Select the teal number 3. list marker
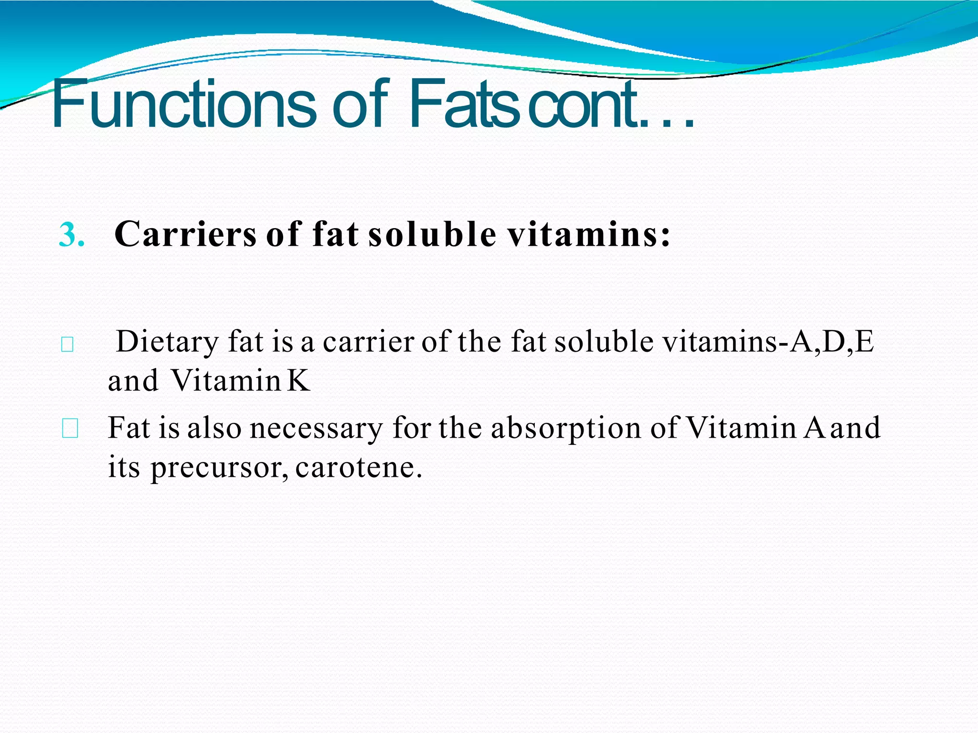[x=72, y=235]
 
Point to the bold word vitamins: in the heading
[x=588, y=234]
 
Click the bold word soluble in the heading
[x=432, y=234]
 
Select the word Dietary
[x=168, y=343]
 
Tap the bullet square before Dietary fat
[x=67, y=345]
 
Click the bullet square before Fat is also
[x=70, y=429]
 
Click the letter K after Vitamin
[x=299, y=380]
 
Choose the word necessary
[x=316, y=428]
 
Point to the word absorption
[x=565, y=428]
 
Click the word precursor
[x=220, y=467]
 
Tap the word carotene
[x=358, y=467]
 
